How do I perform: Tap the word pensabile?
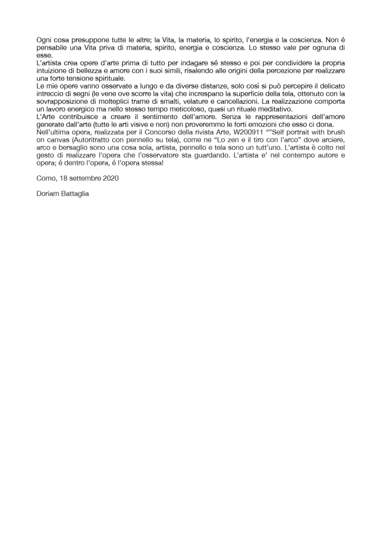click(x=52, y=48)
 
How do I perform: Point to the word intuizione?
click(x=53, y=71)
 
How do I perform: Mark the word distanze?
click(x=169, y=86)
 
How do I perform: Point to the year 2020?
click(x=110, y=178)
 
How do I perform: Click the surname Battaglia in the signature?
click(x=74, y=193)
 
